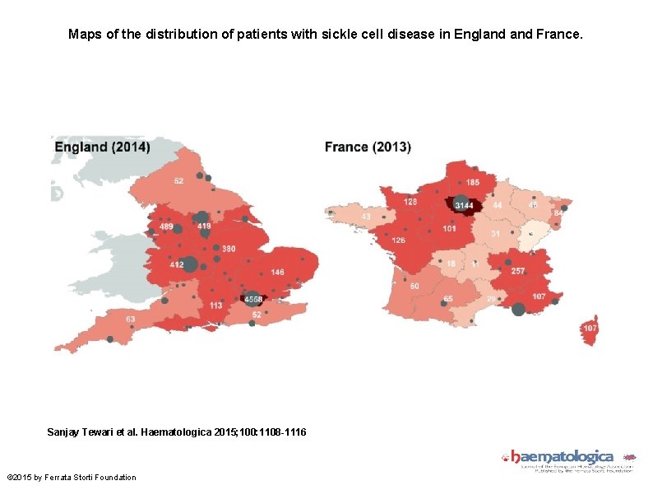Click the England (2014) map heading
[x=102, y=147]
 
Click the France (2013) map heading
[x=368, y=147]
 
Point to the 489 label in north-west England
[x=166, y=226]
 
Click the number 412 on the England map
[x=176, y=265]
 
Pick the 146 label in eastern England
[x=277, y=272]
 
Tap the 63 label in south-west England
[x=130, y=319]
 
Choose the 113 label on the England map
[x=215, y=305]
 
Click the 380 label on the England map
[x=228, y=249]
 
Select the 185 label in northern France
[x=473, y=181]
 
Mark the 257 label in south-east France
[x=517, y=271]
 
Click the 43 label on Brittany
[x=366, y=217]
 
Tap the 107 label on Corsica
[x=590, y=328]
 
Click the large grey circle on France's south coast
[x=518, y=309]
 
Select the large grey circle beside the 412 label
[x=190, y=264]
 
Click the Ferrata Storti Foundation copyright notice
[x=72, y=478]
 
